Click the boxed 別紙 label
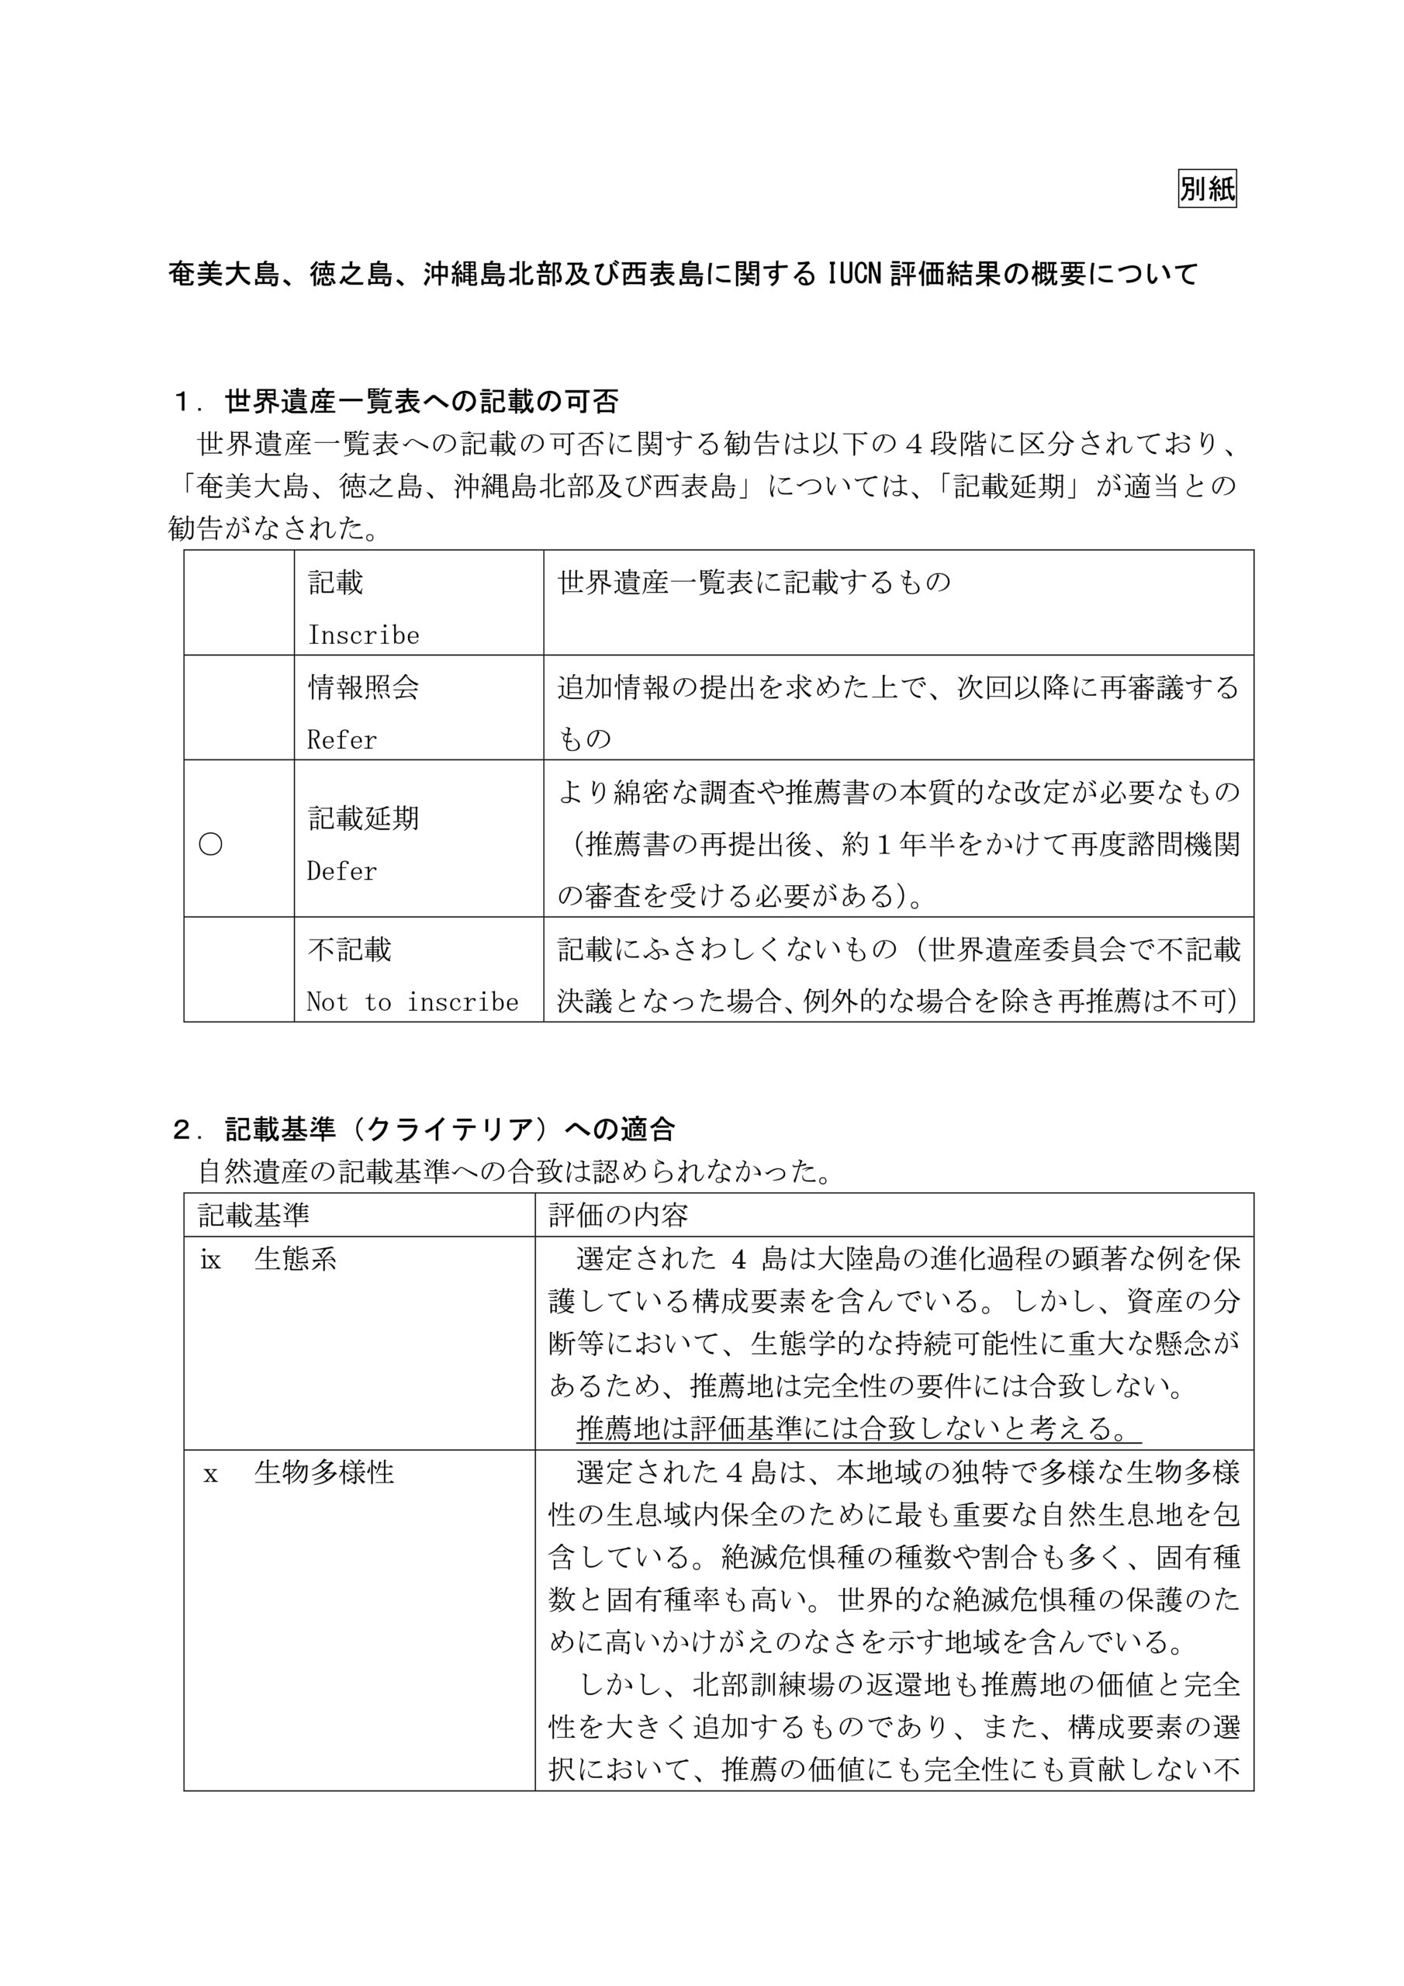click(1207, 189)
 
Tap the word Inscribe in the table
click(363, 635)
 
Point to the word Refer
click(342, 739)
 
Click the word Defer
click(342, 870)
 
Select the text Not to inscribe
click(412, 1002)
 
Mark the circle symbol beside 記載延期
click(211, 844)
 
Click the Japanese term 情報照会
click(363, 687)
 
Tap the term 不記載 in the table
click(350, 950)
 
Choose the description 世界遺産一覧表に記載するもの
click(754, 582)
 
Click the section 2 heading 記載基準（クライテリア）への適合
click(424, 1129)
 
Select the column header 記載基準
click(254, 1216)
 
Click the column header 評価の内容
click(618, 1216)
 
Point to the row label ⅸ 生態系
click(268, 1259)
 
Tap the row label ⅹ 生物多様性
click(298, 1472)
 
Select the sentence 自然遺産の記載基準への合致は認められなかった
click(515, 1172)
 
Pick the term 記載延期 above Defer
click(363, 818)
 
